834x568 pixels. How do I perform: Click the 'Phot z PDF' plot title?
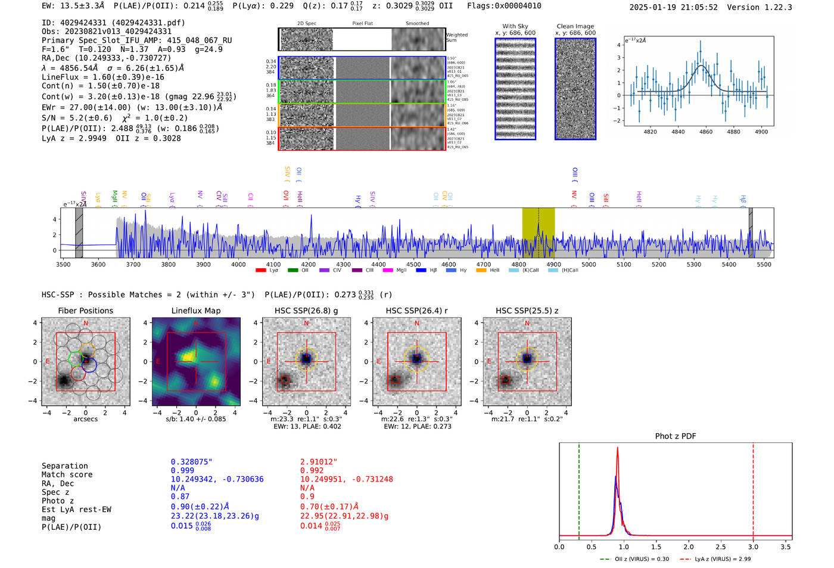(x=676, y=436)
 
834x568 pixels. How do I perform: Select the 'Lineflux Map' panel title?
(x=195, y=311)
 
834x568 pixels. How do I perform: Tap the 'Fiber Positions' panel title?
(x=85, y=311)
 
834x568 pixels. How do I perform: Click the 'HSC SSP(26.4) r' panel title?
(x=416, y=311)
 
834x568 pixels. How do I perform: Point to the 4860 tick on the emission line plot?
(x=706, y=132)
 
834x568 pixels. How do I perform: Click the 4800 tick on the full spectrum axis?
(x=518, y=264)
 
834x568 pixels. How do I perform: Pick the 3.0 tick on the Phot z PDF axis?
(x=753, y=547)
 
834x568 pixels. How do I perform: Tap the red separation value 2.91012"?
(x=319, y=462)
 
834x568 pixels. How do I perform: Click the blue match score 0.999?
(x=182, y=470)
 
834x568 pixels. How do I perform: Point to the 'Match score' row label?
(x=67, y=474)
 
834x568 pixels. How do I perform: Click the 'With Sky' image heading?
(x=515, y=26)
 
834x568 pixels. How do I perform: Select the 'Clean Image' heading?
(x=575, y=26)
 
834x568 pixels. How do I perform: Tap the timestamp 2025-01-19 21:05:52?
(x=673, y=7)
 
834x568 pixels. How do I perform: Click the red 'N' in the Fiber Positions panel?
(x=86, y=324)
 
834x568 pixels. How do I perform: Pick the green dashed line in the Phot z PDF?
(x=578, y=489)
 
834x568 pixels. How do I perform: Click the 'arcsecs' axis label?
(x=85, y=419)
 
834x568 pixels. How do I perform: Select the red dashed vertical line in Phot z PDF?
(x=753, y=489)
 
